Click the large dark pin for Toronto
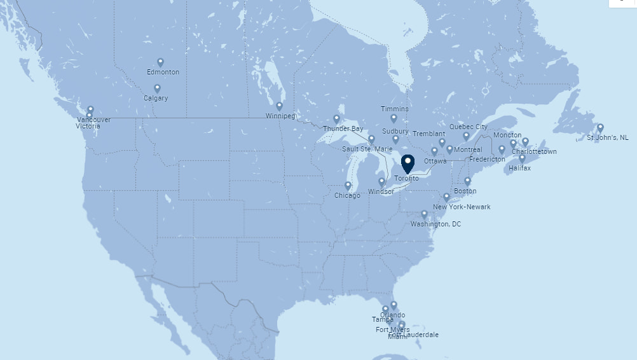tap(408, 163)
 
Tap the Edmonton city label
tap(163, 72)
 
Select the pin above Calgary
tap(157, 88)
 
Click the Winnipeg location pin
tap(279, 106)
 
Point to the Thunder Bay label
tap(343, 128)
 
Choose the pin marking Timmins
tap(394, 118)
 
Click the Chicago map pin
tap(348, 186)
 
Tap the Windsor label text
tap(381, 191)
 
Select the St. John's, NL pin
tap(600, 127)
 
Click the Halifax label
tap(519, 168)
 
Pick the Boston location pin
tap(467, 181)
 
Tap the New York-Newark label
tap(462, 207)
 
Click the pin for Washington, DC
tap(424, 214)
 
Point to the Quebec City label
tap(469, 127)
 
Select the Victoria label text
tap(88, 126)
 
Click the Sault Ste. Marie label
tap(367, 149)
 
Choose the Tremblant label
tap(428, 134)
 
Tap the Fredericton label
tap(487, 159)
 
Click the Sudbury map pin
tap(395, 139)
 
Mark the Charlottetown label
tap(534, 151)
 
